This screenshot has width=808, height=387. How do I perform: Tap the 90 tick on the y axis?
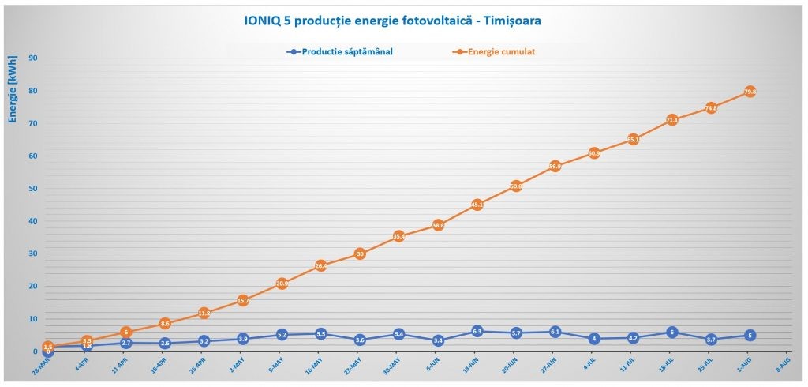tap(33, 58)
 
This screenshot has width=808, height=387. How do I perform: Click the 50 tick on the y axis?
tap(33, 189)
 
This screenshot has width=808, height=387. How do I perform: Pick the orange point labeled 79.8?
tap(750, 92)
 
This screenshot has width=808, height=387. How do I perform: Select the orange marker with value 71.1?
tap(671, 120)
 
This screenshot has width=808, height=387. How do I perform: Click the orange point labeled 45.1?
tap(477, 205)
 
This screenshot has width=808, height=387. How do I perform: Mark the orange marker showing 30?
tap(360, 254)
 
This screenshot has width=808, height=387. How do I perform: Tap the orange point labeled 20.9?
tap(282, 284)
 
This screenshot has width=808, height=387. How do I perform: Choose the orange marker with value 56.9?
tap(555, 167)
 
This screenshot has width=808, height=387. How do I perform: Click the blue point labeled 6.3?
tap(477, 332)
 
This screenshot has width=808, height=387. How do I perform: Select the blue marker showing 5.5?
tap(320, 334)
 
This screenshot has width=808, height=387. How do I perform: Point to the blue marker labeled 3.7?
tap(711, 340)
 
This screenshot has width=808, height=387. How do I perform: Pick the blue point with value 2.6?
tap(165, 344)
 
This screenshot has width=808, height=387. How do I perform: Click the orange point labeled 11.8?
tap(204, 314)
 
